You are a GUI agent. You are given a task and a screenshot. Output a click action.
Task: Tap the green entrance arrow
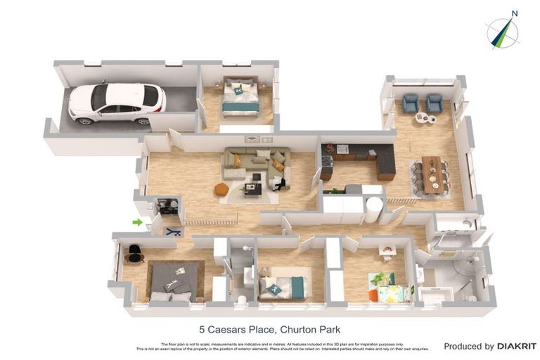click(137, 223)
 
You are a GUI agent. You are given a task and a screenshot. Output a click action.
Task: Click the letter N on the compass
click(515, 13)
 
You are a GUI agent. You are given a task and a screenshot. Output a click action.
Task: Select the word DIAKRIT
click(517, 346)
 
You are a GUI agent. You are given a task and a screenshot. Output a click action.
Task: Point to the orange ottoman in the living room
click(221, 189)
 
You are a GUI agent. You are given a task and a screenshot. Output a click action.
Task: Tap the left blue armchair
click(411, 103)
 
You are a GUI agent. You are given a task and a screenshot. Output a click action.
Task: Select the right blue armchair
click(435, 103)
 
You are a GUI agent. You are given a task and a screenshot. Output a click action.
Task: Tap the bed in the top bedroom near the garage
click(240, 98)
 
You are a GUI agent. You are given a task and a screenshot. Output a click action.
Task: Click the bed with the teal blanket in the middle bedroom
click(283, 286)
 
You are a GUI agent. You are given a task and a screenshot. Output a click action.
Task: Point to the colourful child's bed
click(390, 288)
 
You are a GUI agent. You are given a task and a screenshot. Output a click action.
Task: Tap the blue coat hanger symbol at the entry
click(173, 231)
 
